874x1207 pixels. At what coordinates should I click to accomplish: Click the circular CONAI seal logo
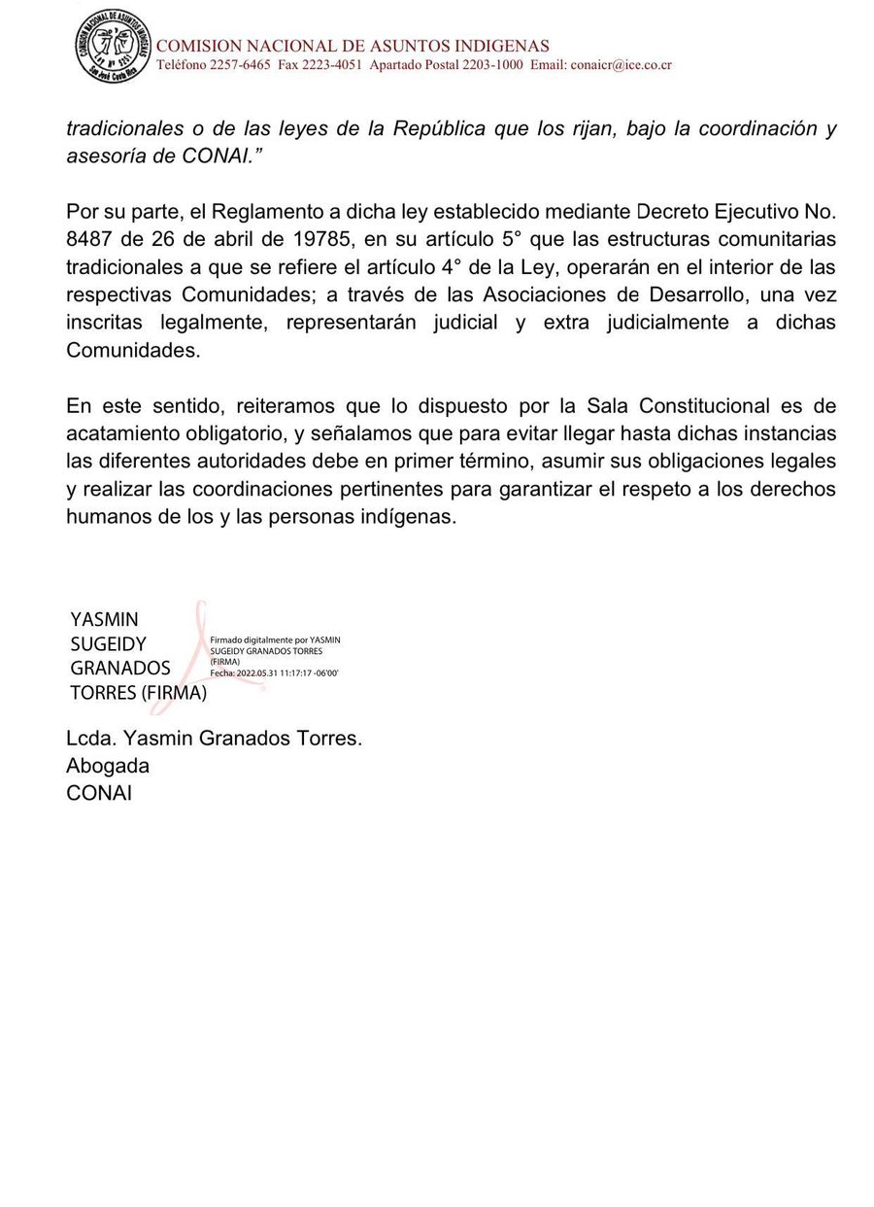point(114,46)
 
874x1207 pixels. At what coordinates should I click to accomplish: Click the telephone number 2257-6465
point(238,65)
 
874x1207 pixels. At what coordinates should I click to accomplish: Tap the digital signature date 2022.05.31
point(257,672)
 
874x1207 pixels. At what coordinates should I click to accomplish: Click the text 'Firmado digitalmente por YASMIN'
point(275,640)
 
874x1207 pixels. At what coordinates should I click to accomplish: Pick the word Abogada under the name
point(108,766)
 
